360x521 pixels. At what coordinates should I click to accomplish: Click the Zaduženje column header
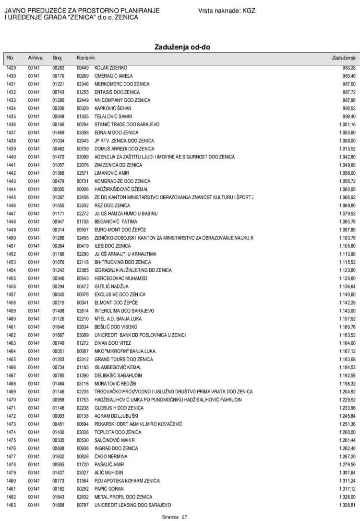343,58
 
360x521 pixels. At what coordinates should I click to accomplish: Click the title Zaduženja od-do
182,47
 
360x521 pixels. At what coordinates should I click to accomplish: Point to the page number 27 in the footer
184,517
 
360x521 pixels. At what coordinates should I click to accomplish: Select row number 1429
11,68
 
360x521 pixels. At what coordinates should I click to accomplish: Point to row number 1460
11,318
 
